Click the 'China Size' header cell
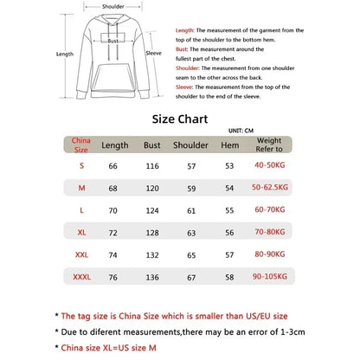pyautogui.click(x=81, y=145)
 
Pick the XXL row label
pyautogui.click(x=81, y=255)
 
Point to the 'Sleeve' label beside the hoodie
pyautogui.click(x=154, y=52)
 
